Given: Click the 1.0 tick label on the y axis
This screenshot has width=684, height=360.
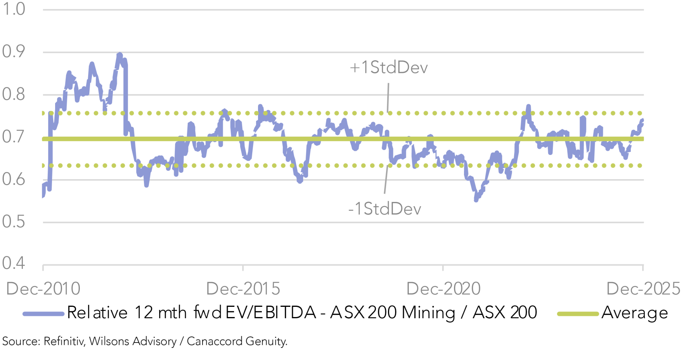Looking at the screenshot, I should [14, 9].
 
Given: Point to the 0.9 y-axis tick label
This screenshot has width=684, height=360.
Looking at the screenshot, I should [14, 52].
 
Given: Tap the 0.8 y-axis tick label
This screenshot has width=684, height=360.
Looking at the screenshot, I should [14, 94].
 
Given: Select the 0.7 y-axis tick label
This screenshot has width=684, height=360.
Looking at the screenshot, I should [14, 137].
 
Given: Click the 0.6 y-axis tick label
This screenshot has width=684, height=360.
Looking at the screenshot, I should [14, 179].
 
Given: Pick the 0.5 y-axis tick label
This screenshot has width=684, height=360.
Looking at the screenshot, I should [14, 222].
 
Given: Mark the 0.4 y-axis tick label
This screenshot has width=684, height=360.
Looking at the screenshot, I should [14, 263].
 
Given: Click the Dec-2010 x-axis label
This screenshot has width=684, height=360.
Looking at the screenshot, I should [43, 289].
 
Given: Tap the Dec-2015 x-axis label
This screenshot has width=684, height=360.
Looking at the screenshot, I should [243, 289].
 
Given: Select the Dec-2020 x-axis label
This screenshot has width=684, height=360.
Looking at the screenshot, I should [443, 289].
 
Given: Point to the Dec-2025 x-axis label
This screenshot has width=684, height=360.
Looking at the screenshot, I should [643, 289].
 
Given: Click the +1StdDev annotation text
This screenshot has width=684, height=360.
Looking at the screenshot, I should [389, 68].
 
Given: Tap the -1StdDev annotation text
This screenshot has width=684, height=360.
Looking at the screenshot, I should [385, 209].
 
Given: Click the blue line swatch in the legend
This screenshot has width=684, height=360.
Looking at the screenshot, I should [43, 314].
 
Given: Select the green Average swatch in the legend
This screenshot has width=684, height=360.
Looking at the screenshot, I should [578, 314].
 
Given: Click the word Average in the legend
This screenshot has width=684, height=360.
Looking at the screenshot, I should [635, 313].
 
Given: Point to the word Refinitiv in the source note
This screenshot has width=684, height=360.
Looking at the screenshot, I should [64, 341].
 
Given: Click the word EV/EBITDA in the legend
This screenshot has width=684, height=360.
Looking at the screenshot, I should [271, 313].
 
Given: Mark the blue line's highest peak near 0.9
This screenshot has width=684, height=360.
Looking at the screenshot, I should [120, 55].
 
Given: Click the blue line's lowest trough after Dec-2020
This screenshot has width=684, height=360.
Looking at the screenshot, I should [476, 199].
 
